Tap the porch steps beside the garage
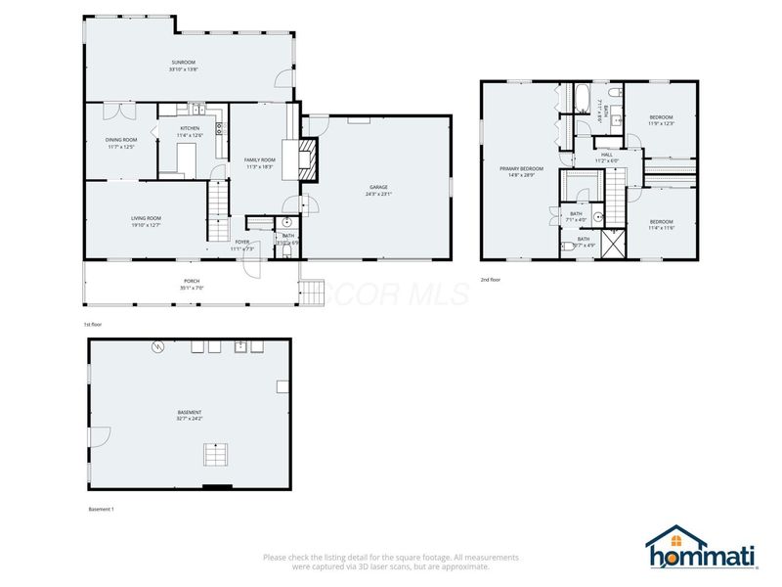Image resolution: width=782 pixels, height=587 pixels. tap(310, 292)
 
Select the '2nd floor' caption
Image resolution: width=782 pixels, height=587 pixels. tap(491, 280)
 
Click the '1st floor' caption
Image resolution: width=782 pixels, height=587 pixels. tap(94, 324)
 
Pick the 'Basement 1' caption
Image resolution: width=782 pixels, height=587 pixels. tap(102, 510)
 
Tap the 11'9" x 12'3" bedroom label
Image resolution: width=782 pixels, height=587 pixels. tap(662, 120)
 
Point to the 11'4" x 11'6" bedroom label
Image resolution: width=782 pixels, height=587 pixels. tap(662, 225)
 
